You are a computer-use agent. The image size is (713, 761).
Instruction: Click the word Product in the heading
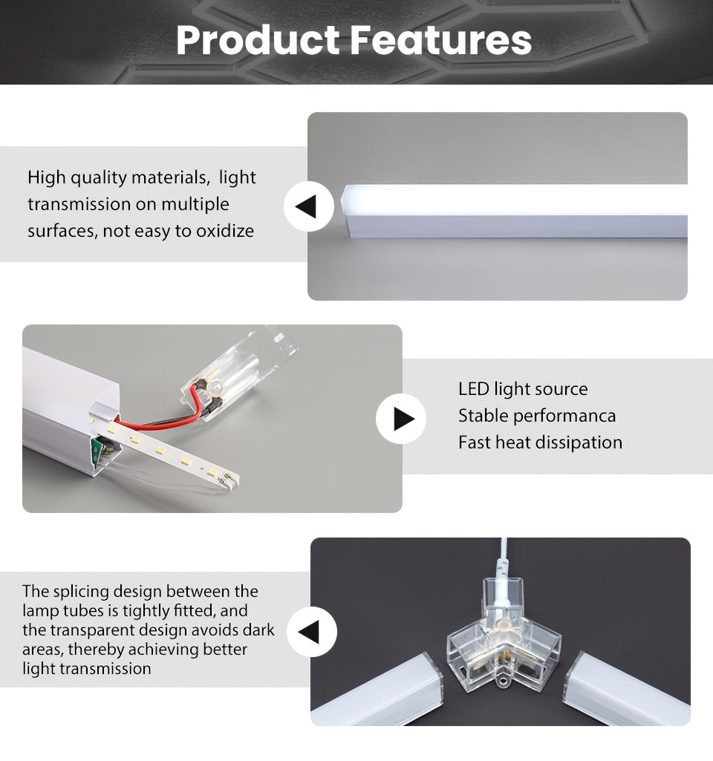coord(258,40)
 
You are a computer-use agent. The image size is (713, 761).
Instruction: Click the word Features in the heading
coord(440,40)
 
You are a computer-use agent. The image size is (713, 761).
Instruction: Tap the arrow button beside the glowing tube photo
coord(309,206)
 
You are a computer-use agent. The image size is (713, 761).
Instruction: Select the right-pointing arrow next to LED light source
coord(401,418)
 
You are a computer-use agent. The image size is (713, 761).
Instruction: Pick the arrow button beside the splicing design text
coord(311,631)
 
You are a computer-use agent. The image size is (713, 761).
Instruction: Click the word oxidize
coord(225,231)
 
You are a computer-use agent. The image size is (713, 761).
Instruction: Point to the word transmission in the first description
coord(79,204)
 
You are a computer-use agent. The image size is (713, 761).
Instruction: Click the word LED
coord(473,389)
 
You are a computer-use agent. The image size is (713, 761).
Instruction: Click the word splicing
coord(81,592)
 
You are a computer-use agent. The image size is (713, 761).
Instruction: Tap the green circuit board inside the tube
coord(100,450)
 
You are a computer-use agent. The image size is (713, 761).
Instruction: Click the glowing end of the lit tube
coord(348,209)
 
